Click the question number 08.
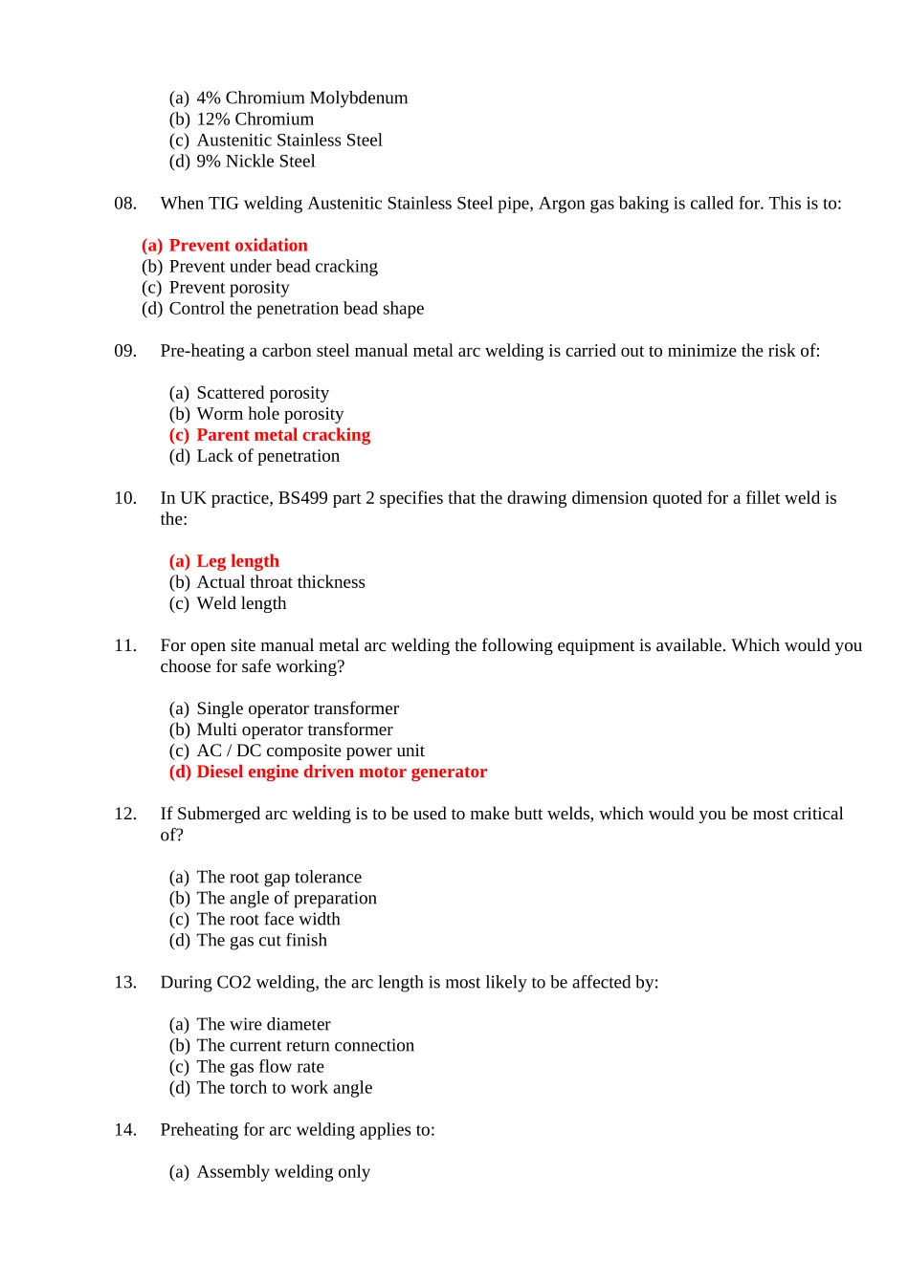(x=125, y=204)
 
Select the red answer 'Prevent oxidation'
(x=237, y=246)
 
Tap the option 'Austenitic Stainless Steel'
(x=289, y=141)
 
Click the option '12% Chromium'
(x=255, y=120)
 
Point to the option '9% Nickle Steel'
(x=255, y=162)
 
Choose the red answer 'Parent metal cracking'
(x=282, y=435)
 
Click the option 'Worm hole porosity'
(x=270, y=414)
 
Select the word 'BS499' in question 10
(x=302, y=498)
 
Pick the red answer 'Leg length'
(x=237, y=561)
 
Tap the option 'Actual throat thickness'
(x=280, y=582)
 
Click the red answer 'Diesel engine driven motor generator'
(x=342, y=772)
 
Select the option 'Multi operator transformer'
(x=295, y=730)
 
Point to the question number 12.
(x=125, y=814)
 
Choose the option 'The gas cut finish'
(x=261, y=940)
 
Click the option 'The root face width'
(x=268, y=919)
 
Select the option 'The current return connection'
(x=305, y=1045)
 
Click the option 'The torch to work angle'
(x=284, y=1087)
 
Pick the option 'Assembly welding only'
(x=283, y=1171)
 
